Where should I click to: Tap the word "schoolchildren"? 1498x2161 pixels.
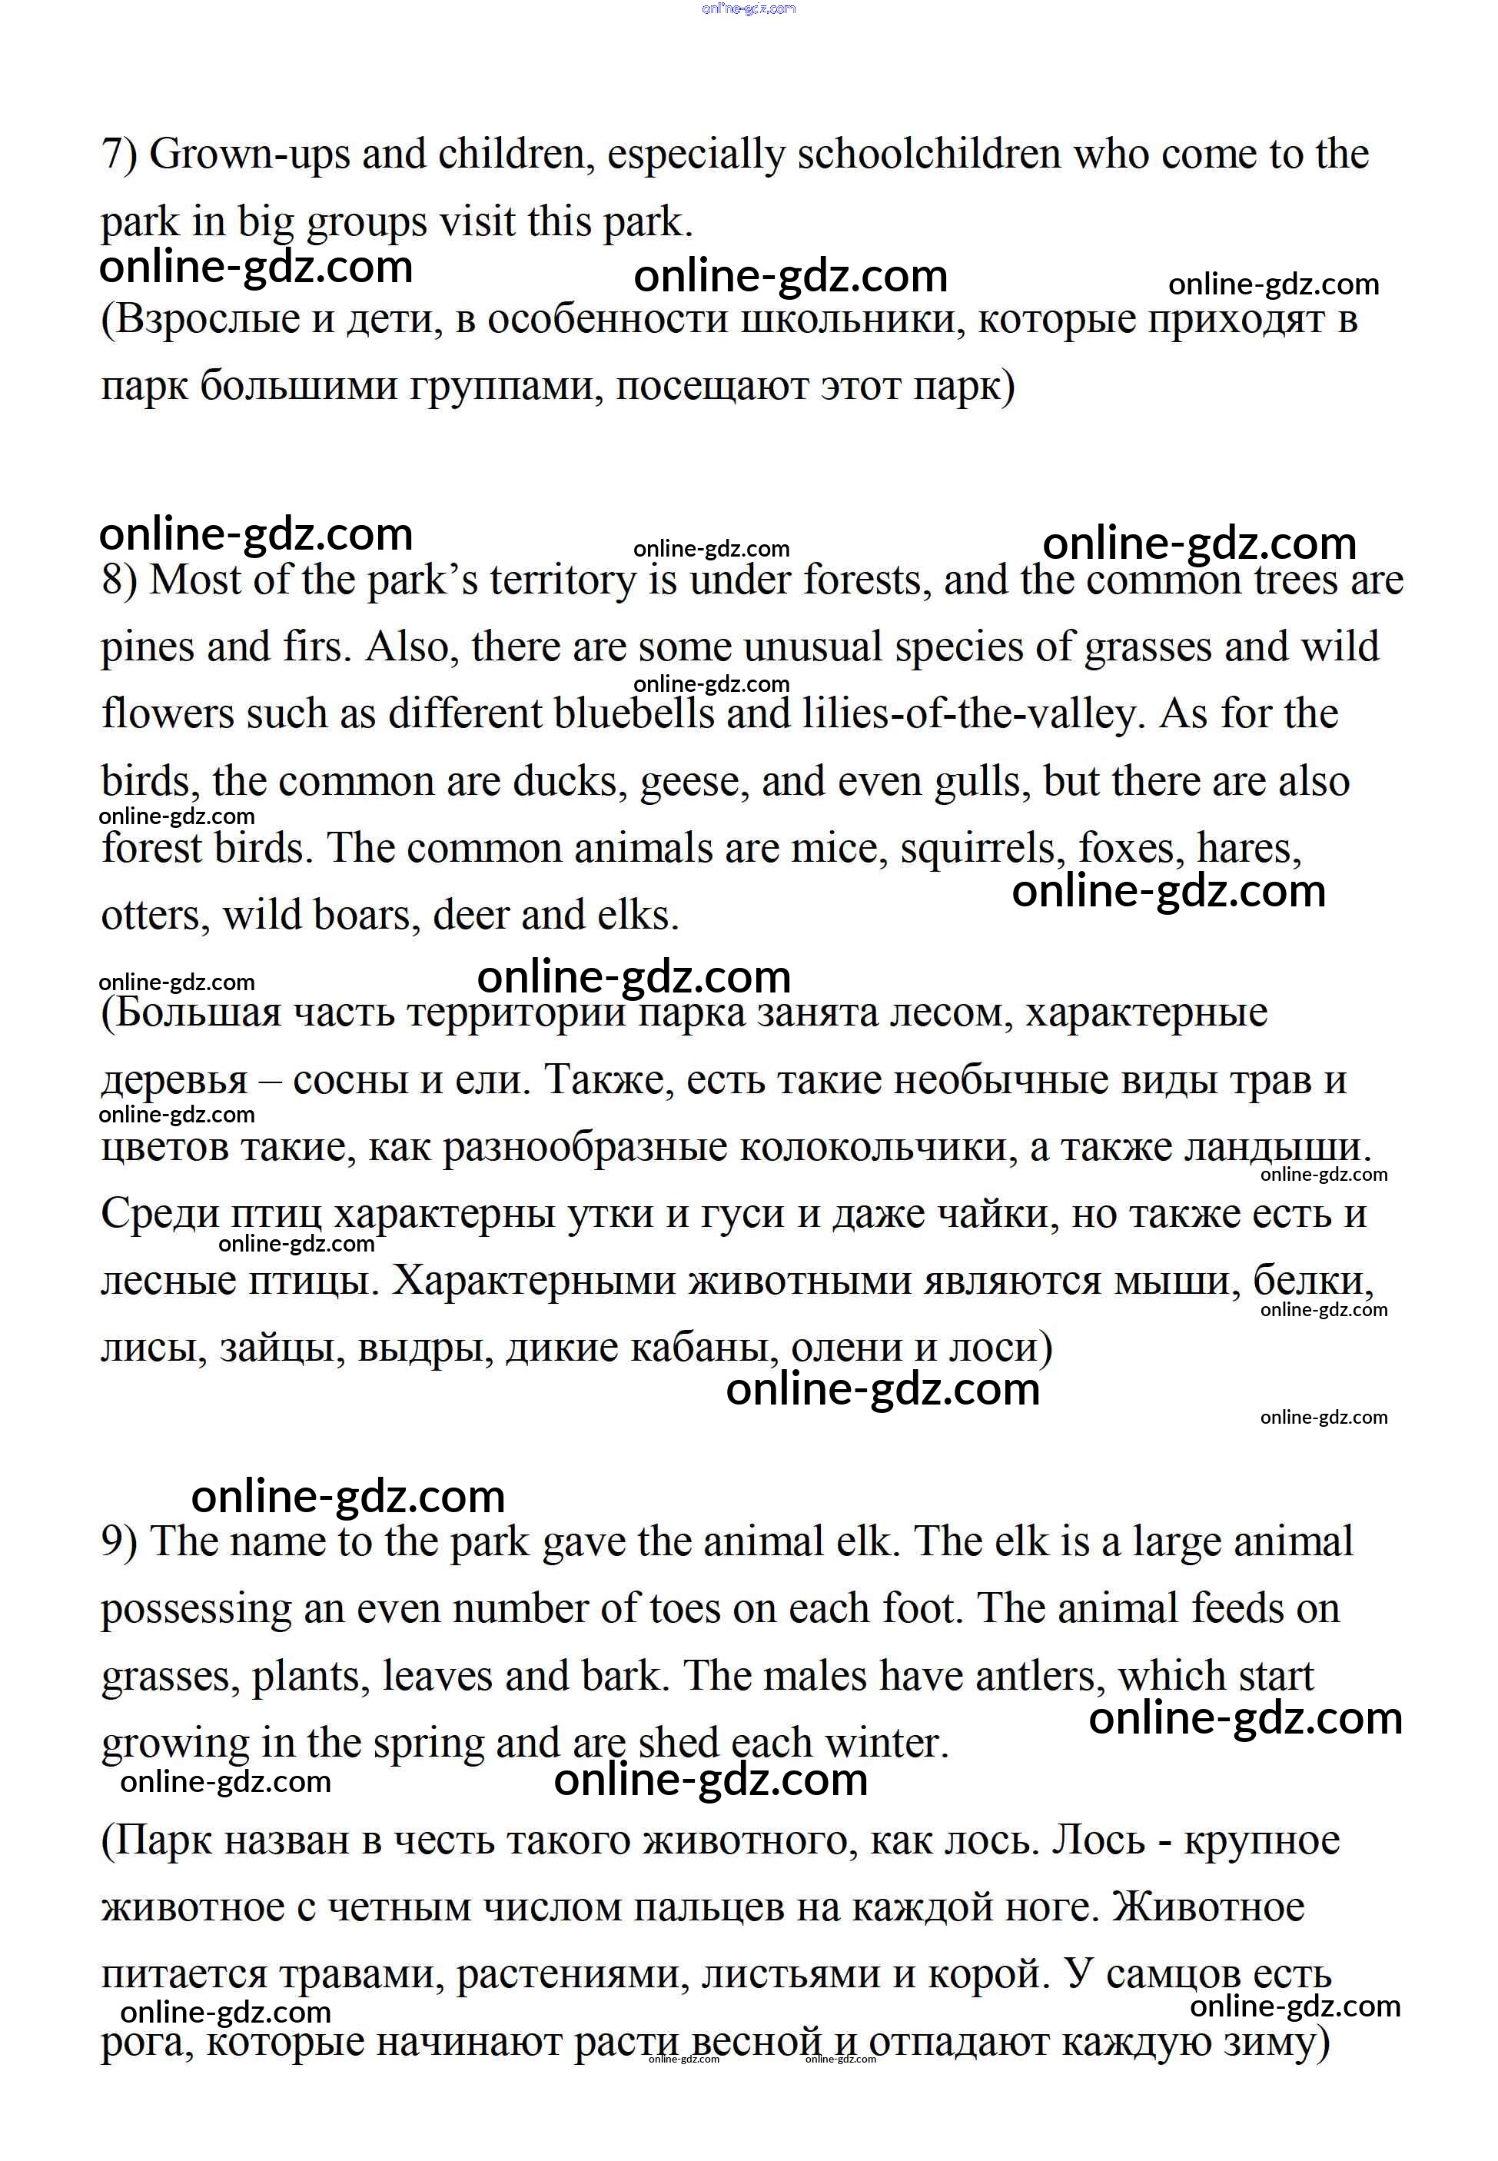click(x=929, y=154)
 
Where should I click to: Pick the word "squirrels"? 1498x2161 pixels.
click(x=983, y=849)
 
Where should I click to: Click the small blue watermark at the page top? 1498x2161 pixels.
click(x=749, y=8)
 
